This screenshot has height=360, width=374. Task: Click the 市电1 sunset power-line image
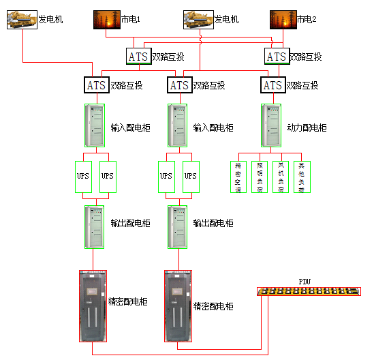click(x=106, y=20)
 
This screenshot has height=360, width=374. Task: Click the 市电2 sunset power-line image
click(x=282, y=20)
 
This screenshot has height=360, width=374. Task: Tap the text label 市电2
click(x=306, y=20)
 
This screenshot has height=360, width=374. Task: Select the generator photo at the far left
click(x=22, y=20)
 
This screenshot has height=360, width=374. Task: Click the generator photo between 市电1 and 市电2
click(x=198, y=20)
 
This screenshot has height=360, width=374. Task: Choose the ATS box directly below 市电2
click(x=276, y=57)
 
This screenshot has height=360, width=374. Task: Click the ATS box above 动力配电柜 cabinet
click(x=272, y=85)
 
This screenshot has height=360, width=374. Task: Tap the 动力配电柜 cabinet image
click(x=272, y=125)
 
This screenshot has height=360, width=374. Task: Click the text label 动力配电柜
click(x=307, y=127)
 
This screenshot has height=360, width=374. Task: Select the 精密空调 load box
click(x=238, y=177)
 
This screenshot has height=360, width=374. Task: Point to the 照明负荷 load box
click(x=260, y=177)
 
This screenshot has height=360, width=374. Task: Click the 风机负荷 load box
click(x=281, y=177)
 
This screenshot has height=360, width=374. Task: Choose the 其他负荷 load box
click(x=302, y=177)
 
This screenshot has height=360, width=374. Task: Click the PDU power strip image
click(x=309, y=292)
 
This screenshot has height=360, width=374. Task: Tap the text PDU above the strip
click(x=305, y=281)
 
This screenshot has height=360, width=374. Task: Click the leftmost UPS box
click(x=82, y=176)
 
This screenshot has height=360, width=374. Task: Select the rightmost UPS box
click(x=191, y=176)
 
